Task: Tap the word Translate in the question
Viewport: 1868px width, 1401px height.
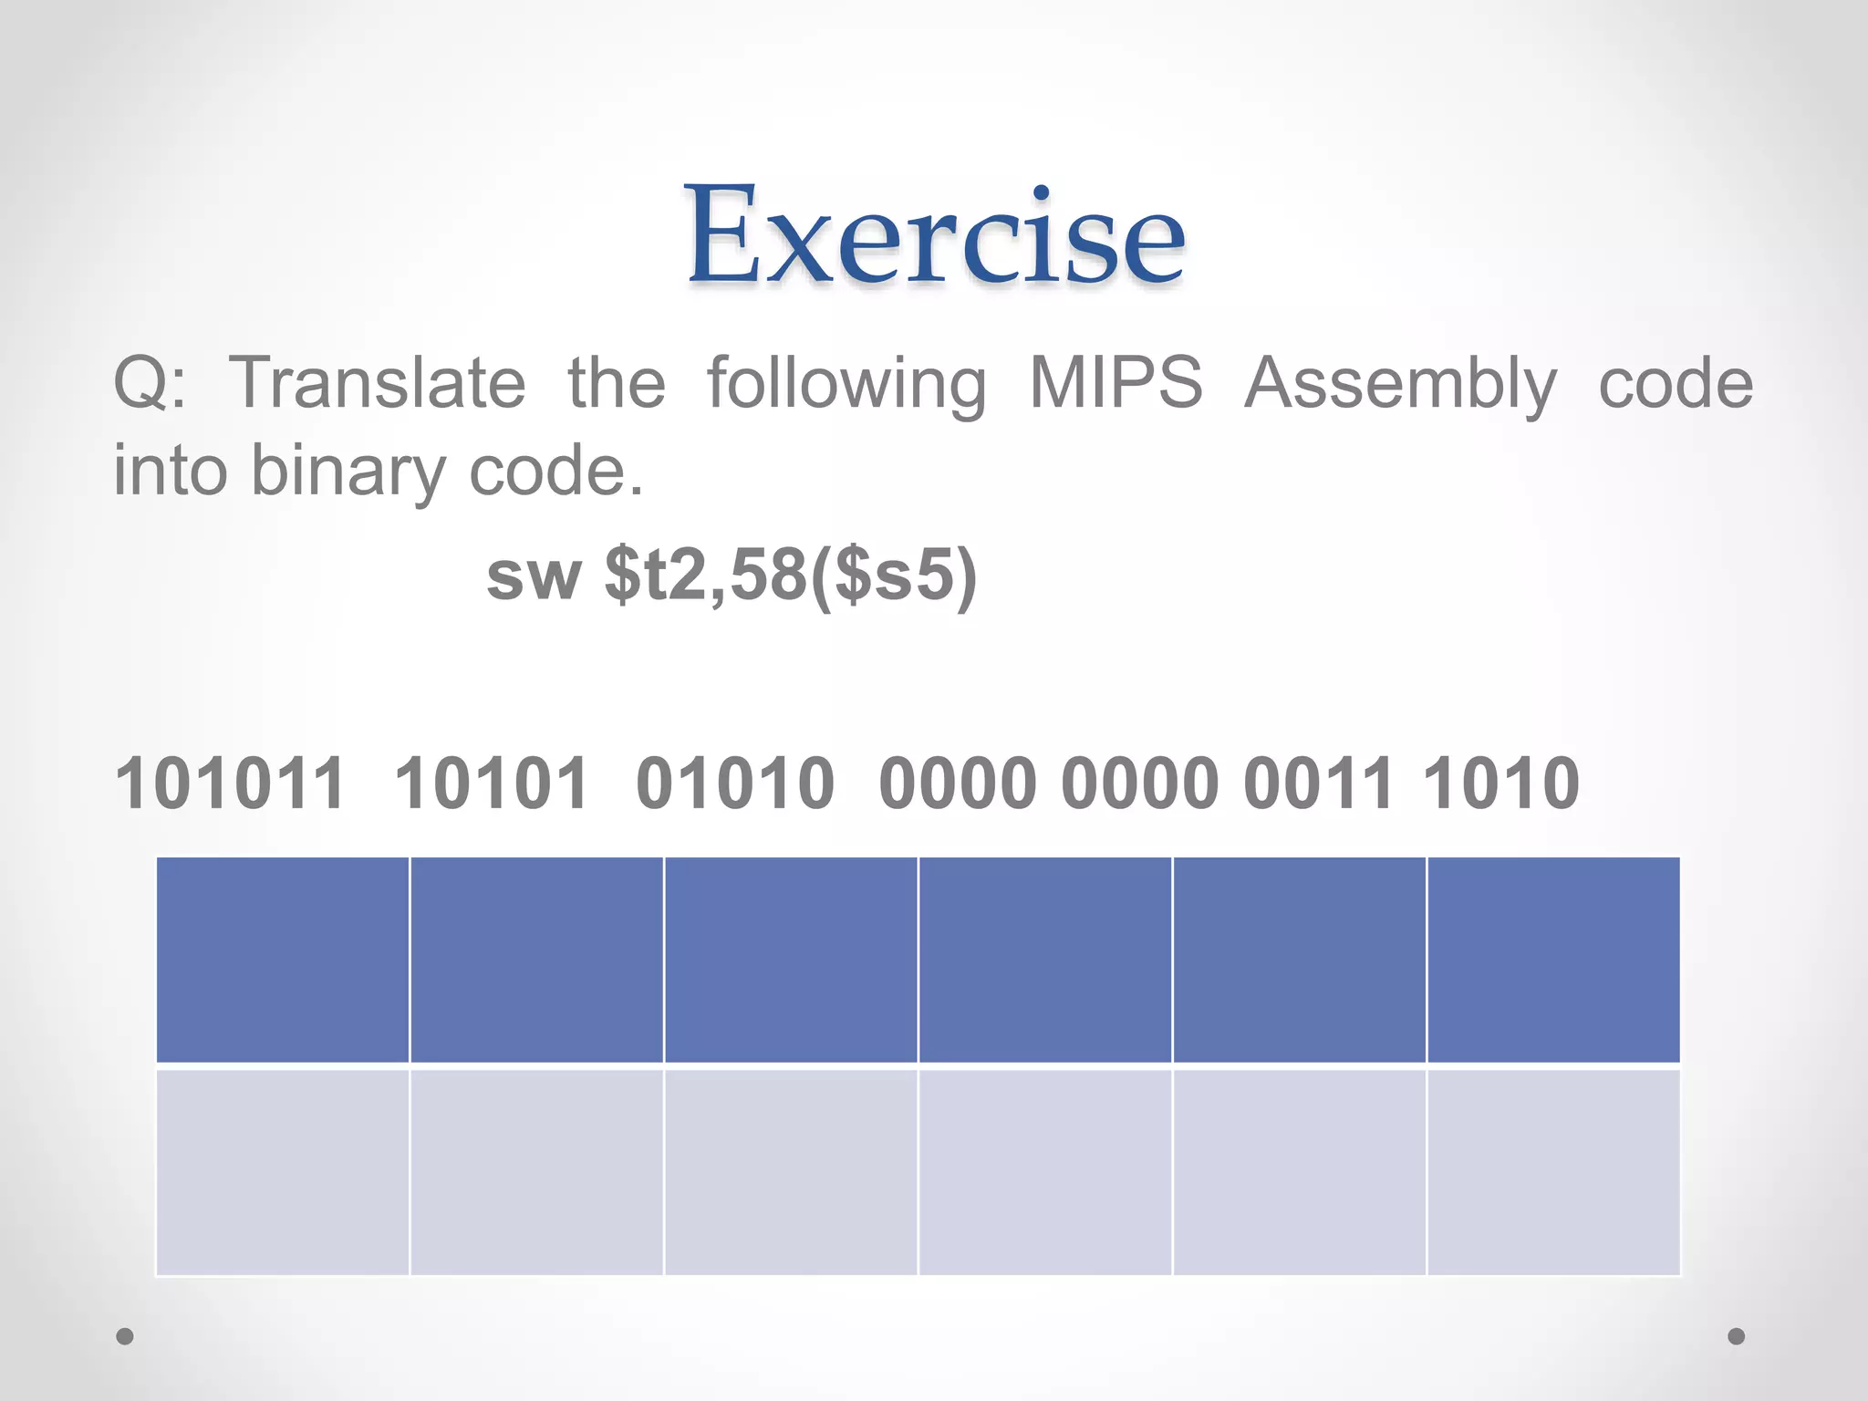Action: [377, 383]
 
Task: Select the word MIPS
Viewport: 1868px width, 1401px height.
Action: [1116, 383]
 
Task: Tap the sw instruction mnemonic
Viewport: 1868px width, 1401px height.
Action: [534, 576]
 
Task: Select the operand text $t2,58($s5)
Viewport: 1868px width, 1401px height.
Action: [790, 576]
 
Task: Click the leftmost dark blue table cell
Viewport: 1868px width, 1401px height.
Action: [283, 960]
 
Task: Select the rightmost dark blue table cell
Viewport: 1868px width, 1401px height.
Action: [1553, 960]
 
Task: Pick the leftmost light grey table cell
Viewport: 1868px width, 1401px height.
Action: [283, 1172]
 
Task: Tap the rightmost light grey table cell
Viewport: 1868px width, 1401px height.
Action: [1553, 1172]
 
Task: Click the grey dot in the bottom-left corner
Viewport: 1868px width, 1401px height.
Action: [125, 1336]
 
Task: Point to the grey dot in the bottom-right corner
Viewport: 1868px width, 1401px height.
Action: [1737, 1336]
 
